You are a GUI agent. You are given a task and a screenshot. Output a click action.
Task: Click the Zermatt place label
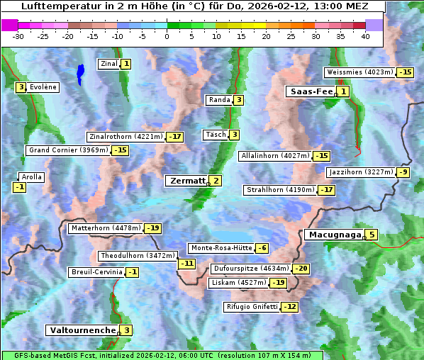pyautogui.click(x=186, y=181)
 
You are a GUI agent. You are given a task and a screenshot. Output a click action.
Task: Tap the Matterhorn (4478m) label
pyautogui.click(x=105, y=228)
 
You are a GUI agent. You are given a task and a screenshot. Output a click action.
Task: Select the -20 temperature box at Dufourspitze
pyautogui.click(x=301, y=269)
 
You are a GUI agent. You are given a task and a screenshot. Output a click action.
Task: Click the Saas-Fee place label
pyautogui.click(x=311, y=91)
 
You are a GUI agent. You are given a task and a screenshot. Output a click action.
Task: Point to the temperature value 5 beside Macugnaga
pyautogui.click(x=372, y=235)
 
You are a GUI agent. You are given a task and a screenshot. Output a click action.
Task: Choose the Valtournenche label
pyautogui.click(x=82, y=330)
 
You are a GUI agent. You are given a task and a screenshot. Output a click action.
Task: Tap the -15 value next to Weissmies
pyautogui.click(x=406, y=72)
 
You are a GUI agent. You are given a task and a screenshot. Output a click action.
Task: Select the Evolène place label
pyautogui.click(x=43, y=87)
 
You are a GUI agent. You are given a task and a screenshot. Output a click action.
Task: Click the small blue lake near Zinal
pyautogui.click(x=80, y=72)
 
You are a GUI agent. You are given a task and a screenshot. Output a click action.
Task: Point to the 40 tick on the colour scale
pyautogui.click(x=365, y=36)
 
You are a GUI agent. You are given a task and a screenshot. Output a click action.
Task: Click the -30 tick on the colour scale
pyautogui.click(x=18, y=36)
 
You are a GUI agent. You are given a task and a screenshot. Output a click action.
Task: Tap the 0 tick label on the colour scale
pyautogui.click(x=167, y=36)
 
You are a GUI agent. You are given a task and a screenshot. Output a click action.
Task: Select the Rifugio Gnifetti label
pyautogui.click(x=252, y=307)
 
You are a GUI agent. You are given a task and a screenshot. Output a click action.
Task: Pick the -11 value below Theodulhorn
pyautogui.click(x=186, y=264)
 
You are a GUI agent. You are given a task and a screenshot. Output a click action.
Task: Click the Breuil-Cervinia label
pyautogui.click(x=96, y=272)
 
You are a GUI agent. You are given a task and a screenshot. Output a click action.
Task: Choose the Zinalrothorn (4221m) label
pyautogui.click(x=125, y=137)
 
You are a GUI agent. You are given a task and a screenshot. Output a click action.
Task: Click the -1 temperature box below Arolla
pyautogui.click(x=20, y=187)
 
